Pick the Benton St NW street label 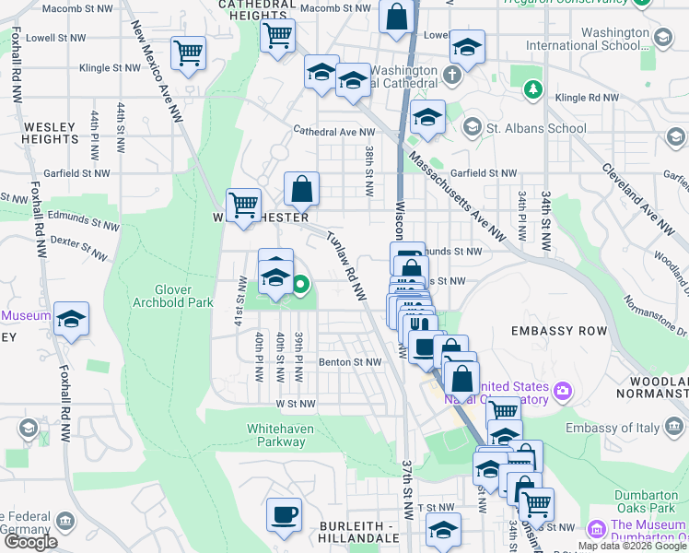point(349,362)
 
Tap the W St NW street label point(295,404)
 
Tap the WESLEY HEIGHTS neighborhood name point(50,133)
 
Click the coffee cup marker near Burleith point(284,514)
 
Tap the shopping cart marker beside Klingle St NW point(189,54)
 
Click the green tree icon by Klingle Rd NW point(532,89)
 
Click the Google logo point(30,542)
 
